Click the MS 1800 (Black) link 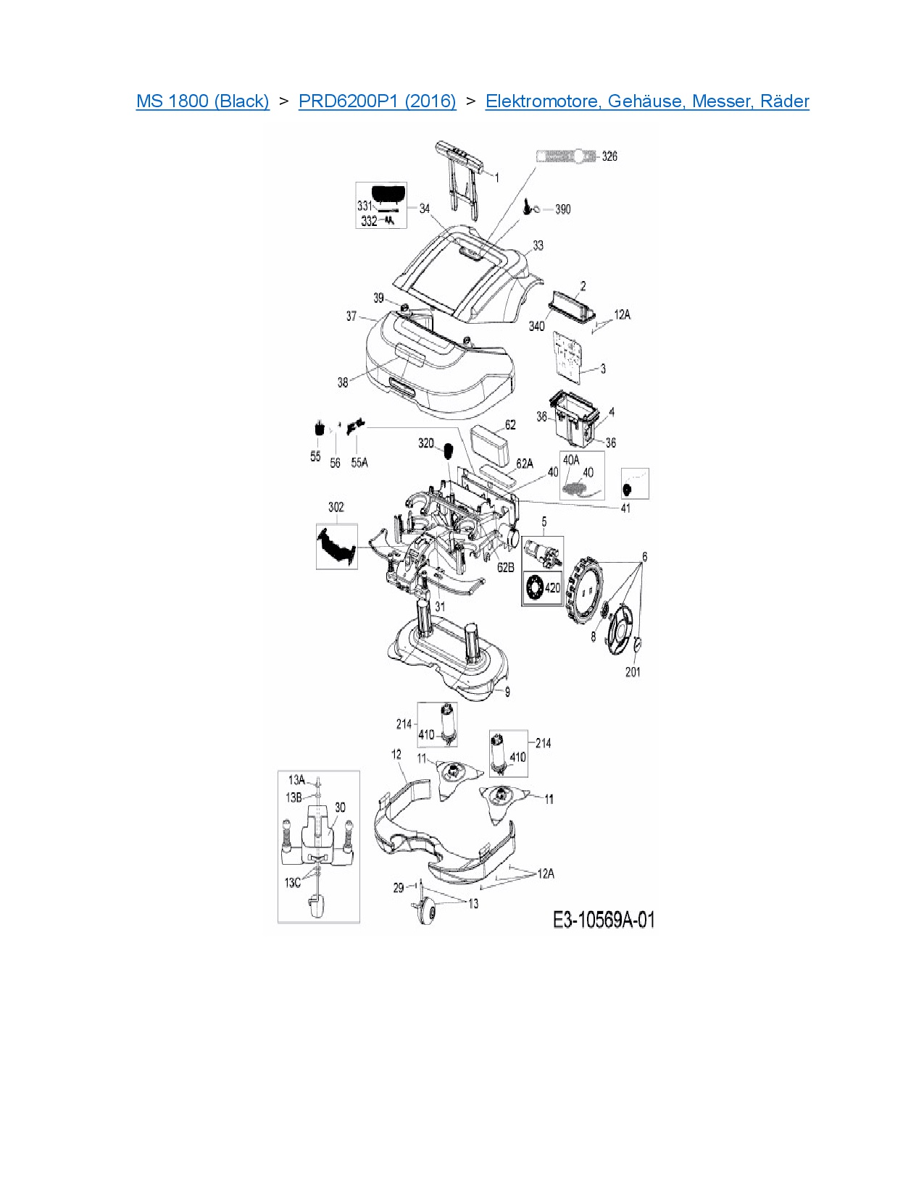(x=202, y=101)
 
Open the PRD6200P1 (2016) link (x=377, y=101)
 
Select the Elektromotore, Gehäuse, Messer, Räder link (x=646, y=101)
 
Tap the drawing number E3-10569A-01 (x=603, y=920)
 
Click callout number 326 (x=609, y=156)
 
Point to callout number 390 (x=562, y=209)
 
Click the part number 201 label (x=633, y=672)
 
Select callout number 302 (x=336, y=507)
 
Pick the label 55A (x=359, y=462)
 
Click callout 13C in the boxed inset (x=292, y=883)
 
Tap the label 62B (x=505, y=567)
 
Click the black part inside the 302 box (x=336, y=544)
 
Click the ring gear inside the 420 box (x=535, y=586)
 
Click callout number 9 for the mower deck (x=507, y=692)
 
